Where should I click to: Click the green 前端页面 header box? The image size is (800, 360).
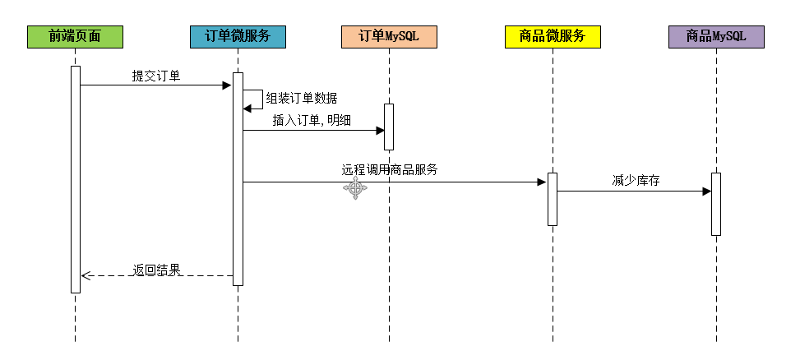(75, 36)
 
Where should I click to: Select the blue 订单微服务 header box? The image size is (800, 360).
(238, 36)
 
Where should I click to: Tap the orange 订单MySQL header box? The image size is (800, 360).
(389, 36)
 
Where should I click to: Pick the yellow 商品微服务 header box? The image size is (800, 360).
(553, 36)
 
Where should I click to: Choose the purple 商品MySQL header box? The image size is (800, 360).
(716, 36)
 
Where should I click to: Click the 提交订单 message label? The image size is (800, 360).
(156, 76)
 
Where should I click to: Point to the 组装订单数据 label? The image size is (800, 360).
(301, 98)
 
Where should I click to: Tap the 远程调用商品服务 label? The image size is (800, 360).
(389, 170)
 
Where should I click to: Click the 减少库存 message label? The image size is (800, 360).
(636, 180)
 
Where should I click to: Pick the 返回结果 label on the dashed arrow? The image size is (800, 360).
(156, 269)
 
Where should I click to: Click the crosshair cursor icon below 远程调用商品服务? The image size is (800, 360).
(355, 190)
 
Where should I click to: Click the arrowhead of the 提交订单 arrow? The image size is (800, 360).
(228, 85)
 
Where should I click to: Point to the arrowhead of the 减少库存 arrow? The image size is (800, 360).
(706, 192)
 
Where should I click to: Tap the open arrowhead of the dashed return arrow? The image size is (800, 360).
(85, 276)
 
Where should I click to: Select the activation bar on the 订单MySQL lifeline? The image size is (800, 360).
(389, 127)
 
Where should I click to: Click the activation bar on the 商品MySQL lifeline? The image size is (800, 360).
(716, 204)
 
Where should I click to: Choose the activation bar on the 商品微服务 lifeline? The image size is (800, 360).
(553, 199)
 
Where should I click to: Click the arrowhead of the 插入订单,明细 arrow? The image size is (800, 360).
(380, 130)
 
